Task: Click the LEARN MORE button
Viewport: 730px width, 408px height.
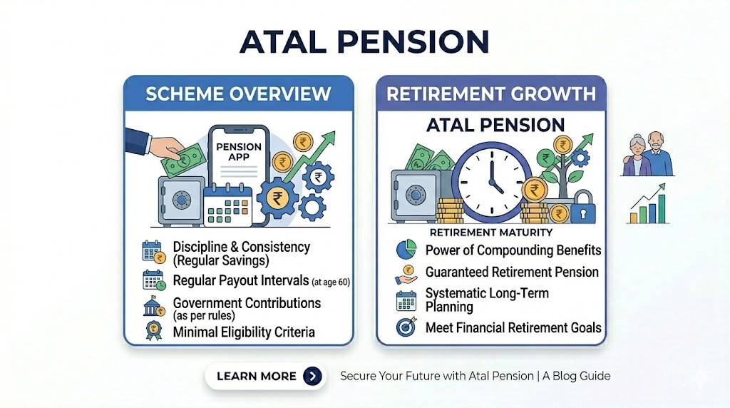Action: point(265,376)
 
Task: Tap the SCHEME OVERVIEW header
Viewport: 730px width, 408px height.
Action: point(238,93)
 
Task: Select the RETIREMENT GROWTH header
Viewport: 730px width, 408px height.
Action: point(491,93)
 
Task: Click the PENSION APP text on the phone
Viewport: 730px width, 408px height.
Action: point(239,152)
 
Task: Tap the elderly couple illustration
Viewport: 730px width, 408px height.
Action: point(647,153)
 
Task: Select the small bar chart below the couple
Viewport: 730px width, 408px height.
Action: point(648,204)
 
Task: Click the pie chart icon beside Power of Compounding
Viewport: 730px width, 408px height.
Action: point(406,250)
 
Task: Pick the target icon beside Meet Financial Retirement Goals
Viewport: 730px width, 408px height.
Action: point(406,327)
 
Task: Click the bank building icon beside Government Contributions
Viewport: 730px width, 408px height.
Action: point(154,307)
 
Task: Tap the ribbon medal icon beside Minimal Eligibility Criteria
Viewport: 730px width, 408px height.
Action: point(154,331)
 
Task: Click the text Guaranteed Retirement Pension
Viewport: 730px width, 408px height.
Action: point(512,272)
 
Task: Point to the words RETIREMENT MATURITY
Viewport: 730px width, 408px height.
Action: point(490,233)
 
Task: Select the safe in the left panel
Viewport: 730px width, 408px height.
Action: point(182,200)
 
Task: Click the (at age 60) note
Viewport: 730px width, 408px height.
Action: point(331,282)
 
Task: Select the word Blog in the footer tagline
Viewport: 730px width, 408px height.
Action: point(565,377)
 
